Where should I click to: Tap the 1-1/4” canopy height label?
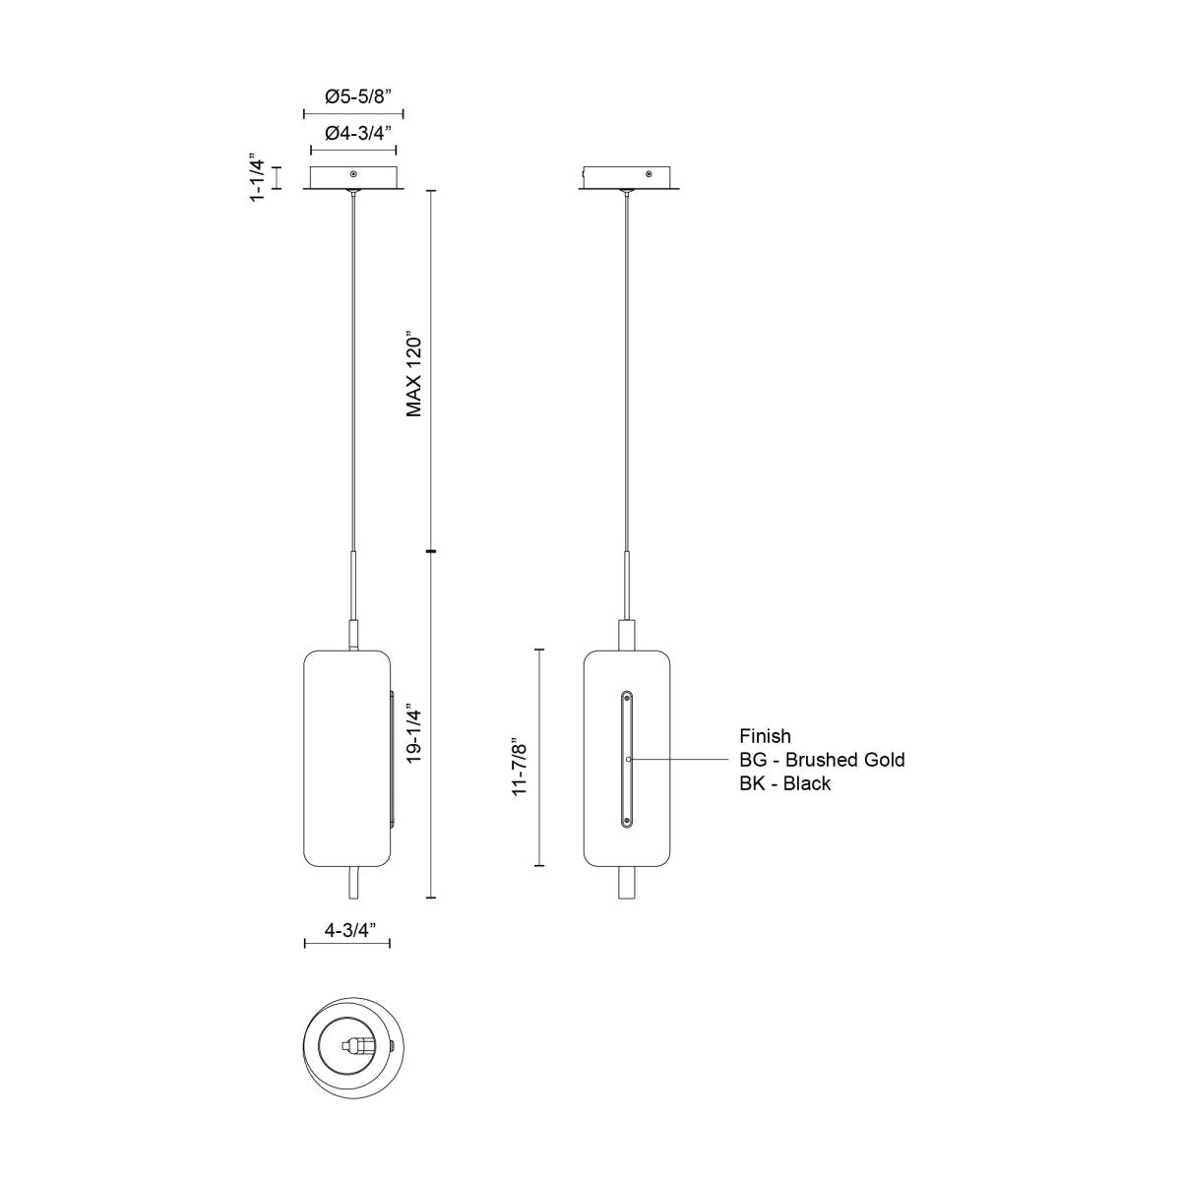(259, 177)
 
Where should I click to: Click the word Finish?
(765, 736)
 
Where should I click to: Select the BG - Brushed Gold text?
(822, 760)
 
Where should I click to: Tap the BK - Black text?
(784, 783)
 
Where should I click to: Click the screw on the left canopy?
(353, 174)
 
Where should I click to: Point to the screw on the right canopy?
(648, 174)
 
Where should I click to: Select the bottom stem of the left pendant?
(353, 884)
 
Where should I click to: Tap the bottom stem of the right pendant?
(627, 883)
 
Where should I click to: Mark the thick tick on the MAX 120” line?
(431, 552)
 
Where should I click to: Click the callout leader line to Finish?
(679, 760)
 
